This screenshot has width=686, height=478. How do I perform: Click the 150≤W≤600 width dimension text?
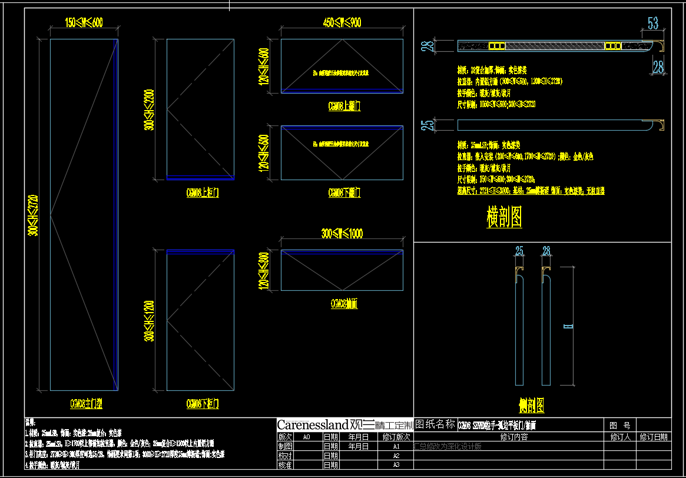(84, 22)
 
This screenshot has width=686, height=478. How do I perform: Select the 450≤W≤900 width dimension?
(342, 23)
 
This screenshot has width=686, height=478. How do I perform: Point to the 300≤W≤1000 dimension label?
(342, 234)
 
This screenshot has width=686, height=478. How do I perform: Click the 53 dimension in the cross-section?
(653, 24)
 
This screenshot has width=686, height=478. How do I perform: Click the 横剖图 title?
(504, 217)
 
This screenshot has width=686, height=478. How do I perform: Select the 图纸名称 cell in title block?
(435, 424)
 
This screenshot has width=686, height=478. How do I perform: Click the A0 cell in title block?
(306, 437)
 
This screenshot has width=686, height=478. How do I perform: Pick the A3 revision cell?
(396, 464)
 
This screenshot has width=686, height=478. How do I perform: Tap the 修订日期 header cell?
(654, 437)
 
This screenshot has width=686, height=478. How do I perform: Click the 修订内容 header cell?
(513, 437)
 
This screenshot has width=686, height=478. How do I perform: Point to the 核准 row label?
(285, 464)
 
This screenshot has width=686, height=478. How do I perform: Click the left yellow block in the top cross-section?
(498, 45)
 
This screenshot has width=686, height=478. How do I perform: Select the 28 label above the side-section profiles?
(546, 252)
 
